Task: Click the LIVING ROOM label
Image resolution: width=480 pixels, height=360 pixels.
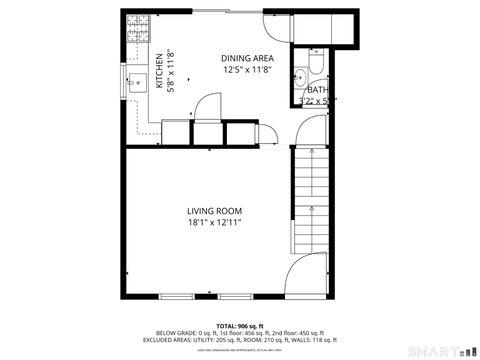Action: [x=215, y=210]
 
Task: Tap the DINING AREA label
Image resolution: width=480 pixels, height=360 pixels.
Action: [x=247, y=58]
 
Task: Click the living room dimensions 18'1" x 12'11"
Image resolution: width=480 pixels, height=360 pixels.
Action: [x=215, y=223]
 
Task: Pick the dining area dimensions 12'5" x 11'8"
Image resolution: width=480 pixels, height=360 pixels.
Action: [x=247, y=71]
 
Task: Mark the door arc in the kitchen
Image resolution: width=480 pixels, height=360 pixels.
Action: [x=208, y=104]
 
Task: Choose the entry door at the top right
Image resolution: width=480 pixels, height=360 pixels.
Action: [x=276, y=25]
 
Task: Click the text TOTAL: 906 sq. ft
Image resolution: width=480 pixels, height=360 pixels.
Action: [x=239, y=326]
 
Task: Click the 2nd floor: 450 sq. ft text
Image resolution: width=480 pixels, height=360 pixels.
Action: [x=300, y=333]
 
